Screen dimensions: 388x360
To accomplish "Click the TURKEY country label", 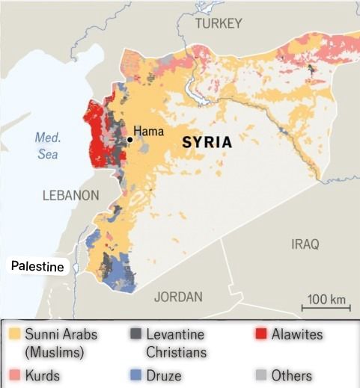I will point(219,24).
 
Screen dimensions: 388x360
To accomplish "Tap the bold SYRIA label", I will point(207,142).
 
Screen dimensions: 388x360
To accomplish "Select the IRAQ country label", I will point(305,244).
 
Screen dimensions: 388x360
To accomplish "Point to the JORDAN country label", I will point(178,297).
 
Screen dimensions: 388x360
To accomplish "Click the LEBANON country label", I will point(70,195).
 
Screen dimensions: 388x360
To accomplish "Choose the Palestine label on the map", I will point(37,266).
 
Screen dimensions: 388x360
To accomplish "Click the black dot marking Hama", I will point(129,139).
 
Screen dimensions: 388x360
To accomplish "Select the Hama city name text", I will point(148,132).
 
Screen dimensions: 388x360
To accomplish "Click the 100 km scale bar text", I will point(327,299).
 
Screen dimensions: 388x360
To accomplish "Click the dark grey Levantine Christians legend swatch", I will point(135,334).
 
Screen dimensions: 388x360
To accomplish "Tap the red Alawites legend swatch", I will point(261,334).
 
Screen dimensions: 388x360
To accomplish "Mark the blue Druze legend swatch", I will point(135,375).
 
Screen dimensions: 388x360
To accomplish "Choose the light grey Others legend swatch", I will point(261,375).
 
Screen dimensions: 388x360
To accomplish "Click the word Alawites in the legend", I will point(297,334).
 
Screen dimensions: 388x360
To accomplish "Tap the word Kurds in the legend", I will point(43,375).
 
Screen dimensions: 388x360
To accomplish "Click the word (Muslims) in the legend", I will point(55,351).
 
